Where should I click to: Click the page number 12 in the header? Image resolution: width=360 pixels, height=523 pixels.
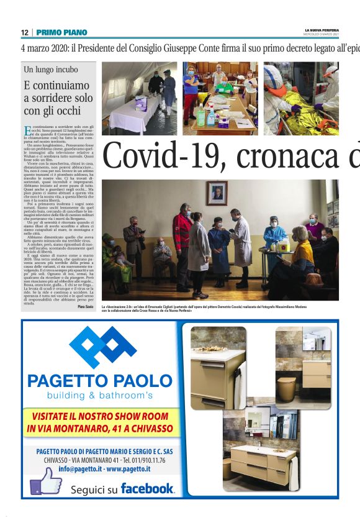(24, 32)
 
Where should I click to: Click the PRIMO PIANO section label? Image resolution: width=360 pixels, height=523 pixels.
(61, 32)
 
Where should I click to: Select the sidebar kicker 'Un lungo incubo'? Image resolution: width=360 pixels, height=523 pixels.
(51, 70)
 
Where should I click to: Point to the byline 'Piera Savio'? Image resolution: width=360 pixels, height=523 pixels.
(86, 307)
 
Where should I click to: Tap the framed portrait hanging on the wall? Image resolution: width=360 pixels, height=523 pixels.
(217, 194)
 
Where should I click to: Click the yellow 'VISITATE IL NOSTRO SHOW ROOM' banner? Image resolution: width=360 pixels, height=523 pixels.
(99, 422)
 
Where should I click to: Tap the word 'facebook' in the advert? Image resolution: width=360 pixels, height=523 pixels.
(147, 488)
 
